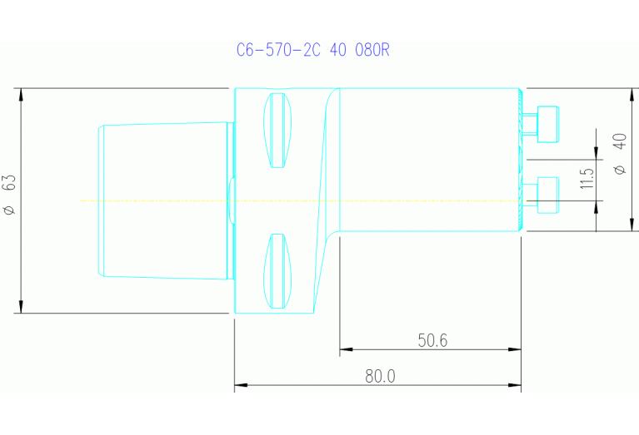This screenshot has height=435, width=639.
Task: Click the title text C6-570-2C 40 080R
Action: click(312, 50)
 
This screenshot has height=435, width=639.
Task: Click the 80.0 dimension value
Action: click(379, 376)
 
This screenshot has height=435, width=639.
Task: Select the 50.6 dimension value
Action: click(432, 340)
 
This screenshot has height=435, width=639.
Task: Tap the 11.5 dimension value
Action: click(587, 178)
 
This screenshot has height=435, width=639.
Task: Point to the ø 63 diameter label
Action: click(9, 195)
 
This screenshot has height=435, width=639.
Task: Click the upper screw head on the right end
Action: click(547, 123)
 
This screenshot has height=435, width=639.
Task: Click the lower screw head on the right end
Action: click(547, 194)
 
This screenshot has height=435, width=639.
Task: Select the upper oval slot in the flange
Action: click(279, 130)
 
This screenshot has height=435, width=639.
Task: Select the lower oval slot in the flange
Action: click(279, 270)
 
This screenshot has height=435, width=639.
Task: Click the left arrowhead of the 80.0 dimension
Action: click(241, 385)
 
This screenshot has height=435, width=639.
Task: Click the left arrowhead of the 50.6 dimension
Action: click(346, 349)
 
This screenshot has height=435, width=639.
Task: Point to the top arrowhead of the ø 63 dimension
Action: click(20, 94)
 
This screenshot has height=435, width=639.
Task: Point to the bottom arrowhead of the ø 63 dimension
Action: click(20, 308)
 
